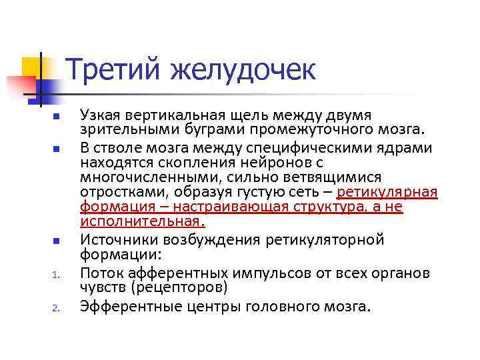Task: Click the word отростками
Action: coord(116,192)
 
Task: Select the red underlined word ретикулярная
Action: coord(387,192)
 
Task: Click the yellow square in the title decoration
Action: coord(35,69)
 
